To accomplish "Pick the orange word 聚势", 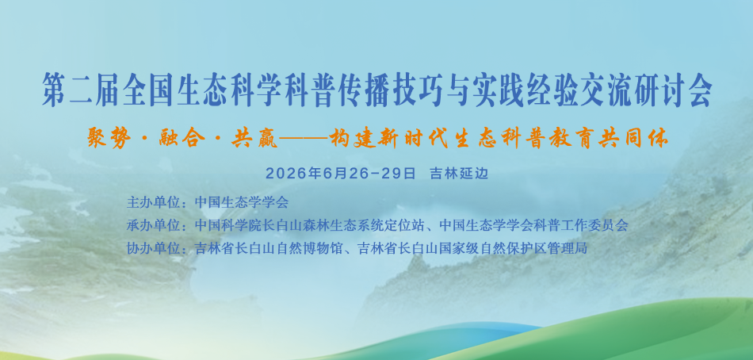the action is [x=109, y=139].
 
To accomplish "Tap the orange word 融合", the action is [x=181, y=139].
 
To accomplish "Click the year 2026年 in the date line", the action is [x=293, y=174].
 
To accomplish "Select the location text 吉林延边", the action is [x=459, y=174].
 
